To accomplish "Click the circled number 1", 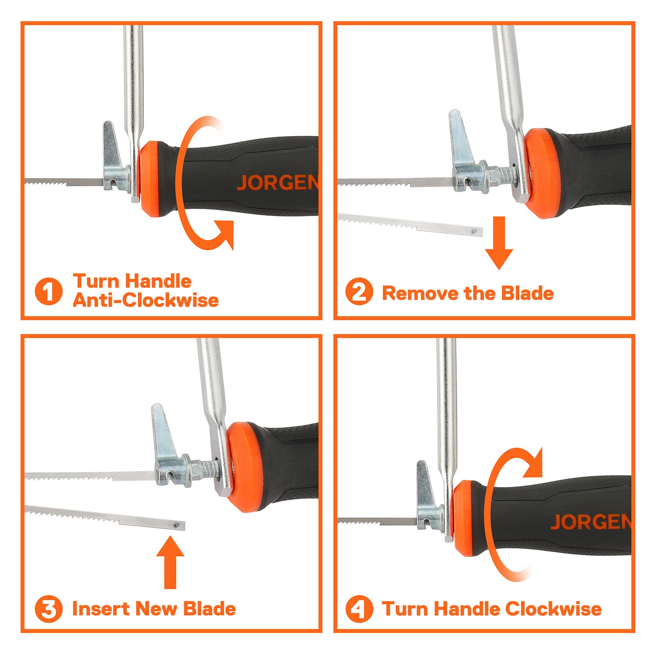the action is [48, 291].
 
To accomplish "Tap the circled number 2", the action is [359, 292].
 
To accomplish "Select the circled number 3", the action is [48, 609].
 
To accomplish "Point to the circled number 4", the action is [359, 609].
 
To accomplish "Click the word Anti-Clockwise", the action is [146, 300].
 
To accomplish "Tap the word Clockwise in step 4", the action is [553, 609].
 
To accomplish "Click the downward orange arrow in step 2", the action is [499, 243].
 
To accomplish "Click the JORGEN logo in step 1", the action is [278, 182].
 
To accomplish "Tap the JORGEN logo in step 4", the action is [590, 522].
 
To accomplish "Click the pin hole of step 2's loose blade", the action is [474, 232].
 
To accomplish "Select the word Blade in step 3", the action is [210, 609].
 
